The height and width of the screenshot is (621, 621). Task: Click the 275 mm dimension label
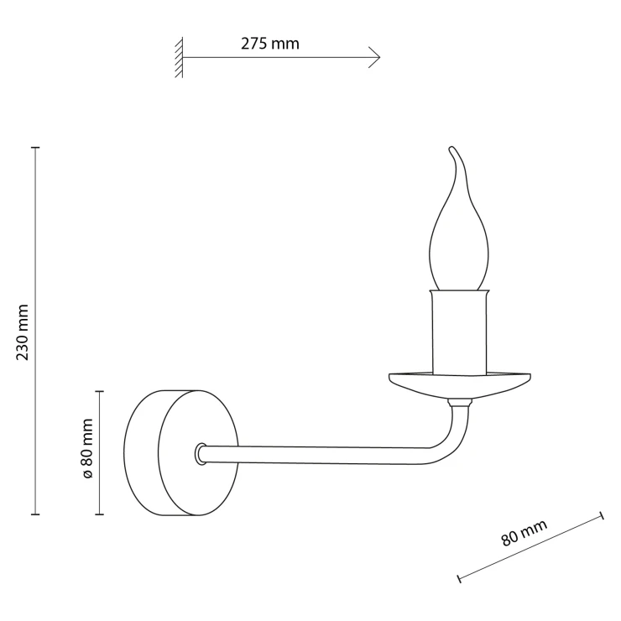(269, 43)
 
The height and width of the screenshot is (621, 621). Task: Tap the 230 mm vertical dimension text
(23, 332)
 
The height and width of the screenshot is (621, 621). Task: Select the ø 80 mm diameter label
(87, 448)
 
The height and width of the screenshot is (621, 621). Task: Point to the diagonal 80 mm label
(524, 532)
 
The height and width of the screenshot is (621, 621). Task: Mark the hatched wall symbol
(179, 57)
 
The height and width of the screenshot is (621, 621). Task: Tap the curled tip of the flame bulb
(451, 149)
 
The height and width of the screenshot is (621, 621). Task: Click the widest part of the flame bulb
(459, 253)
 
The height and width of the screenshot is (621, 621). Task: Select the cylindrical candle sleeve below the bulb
(459, 331)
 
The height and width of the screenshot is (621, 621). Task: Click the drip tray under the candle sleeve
(459, 384)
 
